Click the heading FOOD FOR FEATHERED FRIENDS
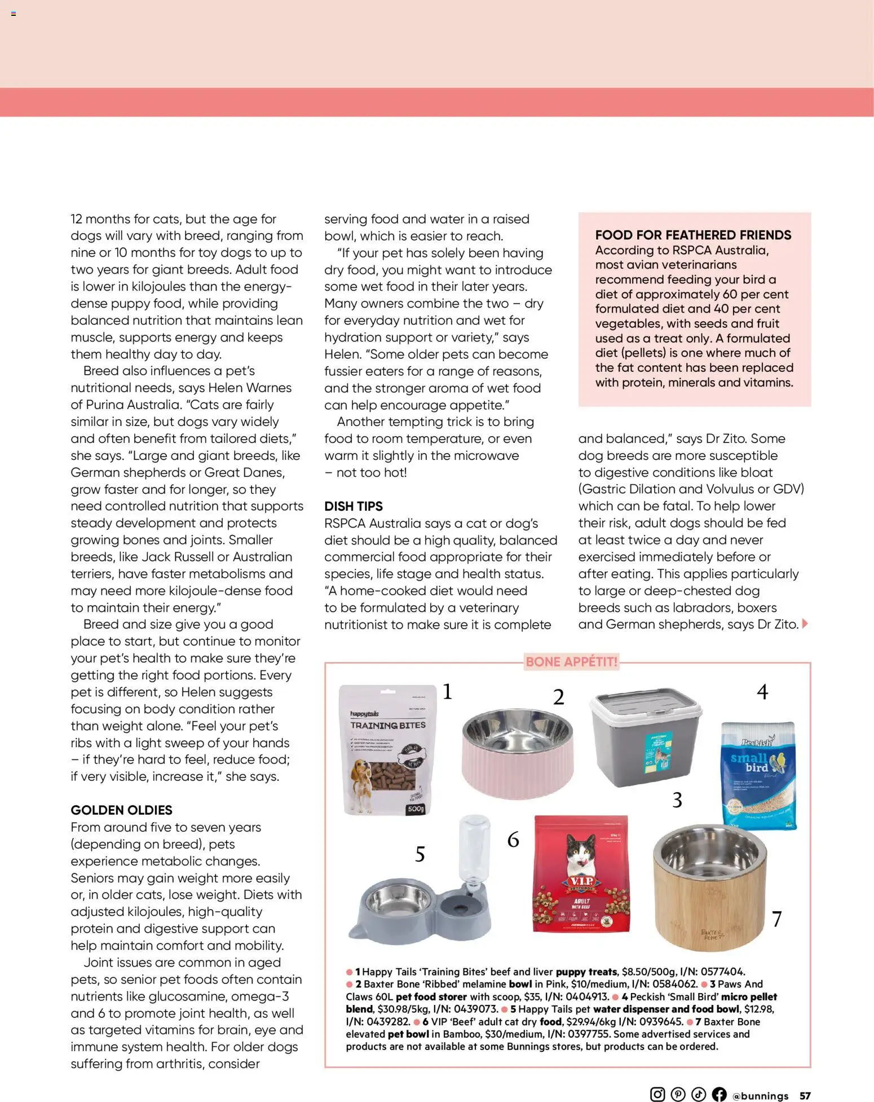point(693,235)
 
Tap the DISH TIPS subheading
point(353,506)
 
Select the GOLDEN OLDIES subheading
point(121,810)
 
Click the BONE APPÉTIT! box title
point(571,662)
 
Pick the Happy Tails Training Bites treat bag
point(388,750)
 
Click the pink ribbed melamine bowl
point(517,753)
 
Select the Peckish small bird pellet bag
point(759,776)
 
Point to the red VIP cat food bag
point(581,874)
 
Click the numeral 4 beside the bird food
point(762,692)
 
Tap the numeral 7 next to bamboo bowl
point(776,919)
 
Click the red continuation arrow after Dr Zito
point(805,624)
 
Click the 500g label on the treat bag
point(416,809)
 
